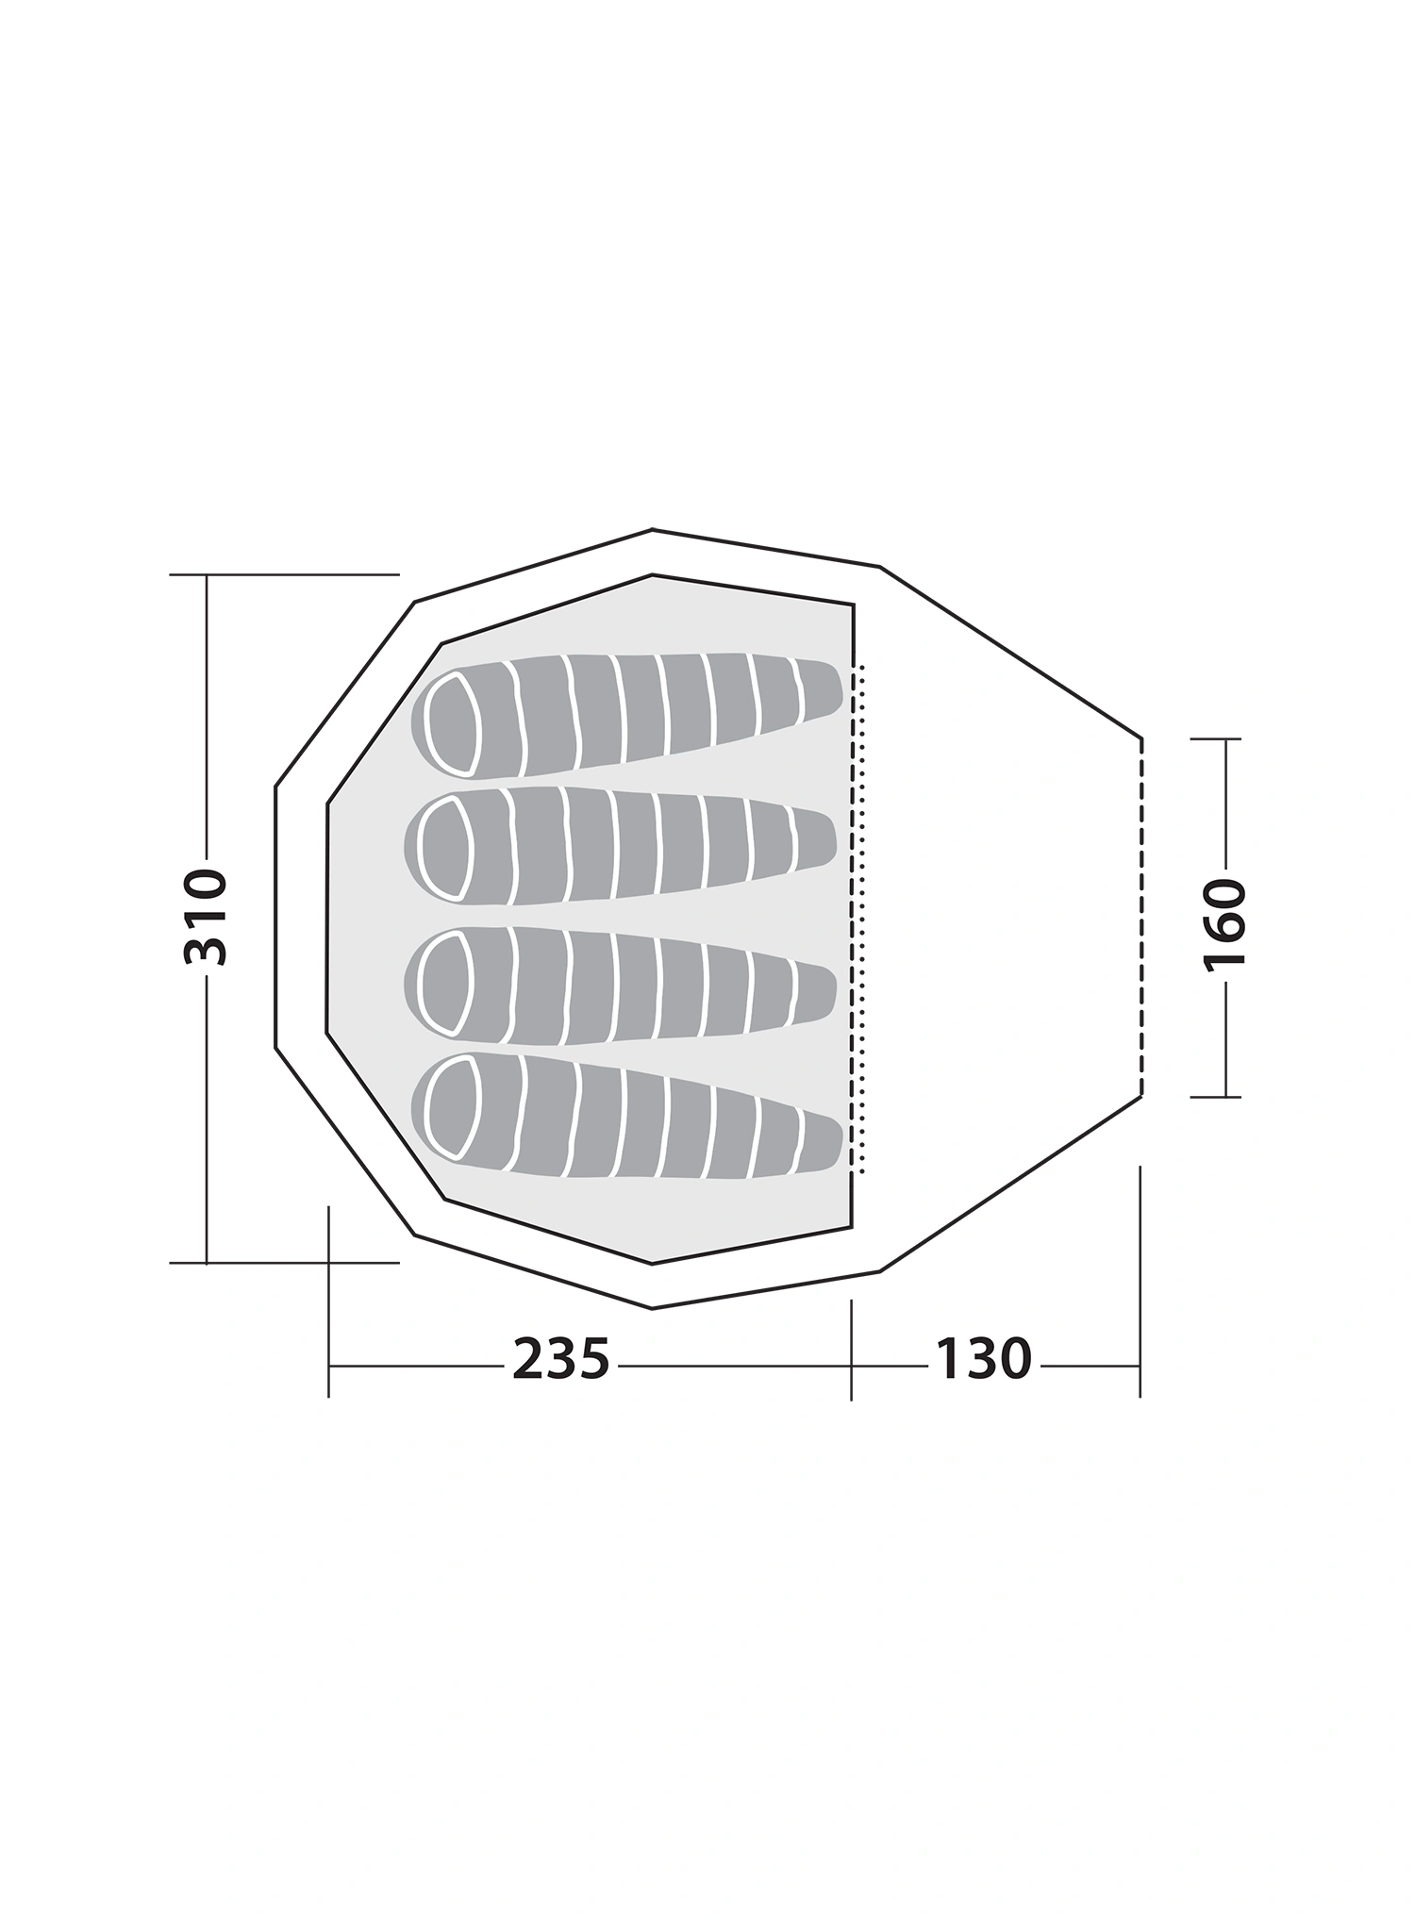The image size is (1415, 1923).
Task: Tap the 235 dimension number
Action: [561, 1360]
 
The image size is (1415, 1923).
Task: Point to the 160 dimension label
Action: [1225, 922]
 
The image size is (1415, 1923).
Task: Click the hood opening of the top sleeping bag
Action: [453, 724]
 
